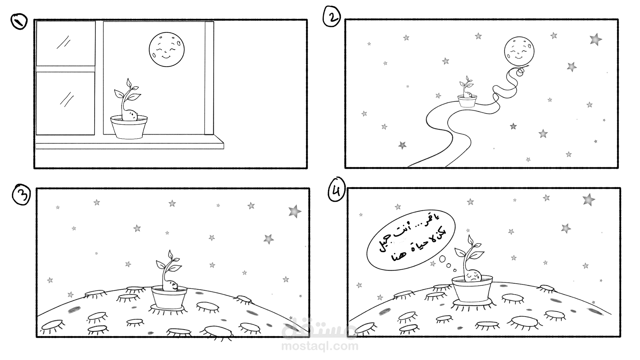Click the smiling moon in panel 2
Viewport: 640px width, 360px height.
[519, 52]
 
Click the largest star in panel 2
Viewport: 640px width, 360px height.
[596, 39]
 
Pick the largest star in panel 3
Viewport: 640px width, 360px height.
[295, 211]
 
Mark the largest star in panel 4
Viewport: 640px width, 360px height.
[589, 200]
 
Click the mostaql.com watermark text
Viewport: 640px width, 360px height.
[320, 346]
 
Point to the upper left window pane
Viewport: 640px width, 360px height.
[65, 43]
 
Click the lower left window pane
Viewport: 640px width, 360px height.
[65, 103]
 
